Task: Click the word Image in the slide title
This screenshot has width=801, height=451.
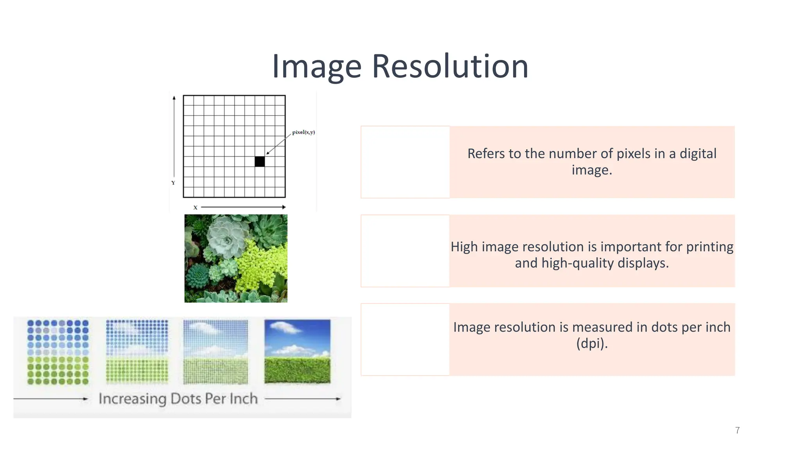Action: tap(317, 67)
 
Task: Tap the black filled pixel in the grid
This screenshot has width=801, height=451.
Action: tap(260, 161)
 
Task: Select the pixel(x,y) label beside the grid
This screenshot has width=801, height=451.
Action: tap(304, 132)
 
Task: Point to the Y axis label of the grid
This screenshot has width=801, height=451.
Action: tap(173, 183)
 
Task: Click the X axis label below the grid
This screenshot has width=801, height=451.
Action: tap(195, 207)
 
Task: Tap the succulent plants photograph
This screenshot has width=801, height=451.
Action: tap(236, 258)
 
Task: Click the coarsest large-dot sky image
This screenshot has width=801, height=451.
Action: tap(58, 352)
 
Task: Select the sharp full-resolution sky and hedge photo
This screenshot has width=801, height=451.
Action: tap(297, 351)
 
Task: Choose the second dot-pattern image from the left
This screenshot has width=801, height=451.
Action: tap(137, 351)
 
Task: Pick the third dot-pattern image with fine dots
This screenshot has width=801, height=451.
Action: tap(216, 352)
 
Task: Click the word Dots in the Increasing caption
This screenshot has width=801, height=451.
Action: tap(186, 399)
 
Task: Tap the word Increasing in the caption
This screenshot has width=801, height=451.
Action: tap(133, 399)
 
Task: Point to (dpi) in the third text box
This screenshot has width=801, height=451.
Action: tap(592, 343)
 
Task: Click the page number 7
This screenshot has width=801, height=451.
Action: tap(737, 430)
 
